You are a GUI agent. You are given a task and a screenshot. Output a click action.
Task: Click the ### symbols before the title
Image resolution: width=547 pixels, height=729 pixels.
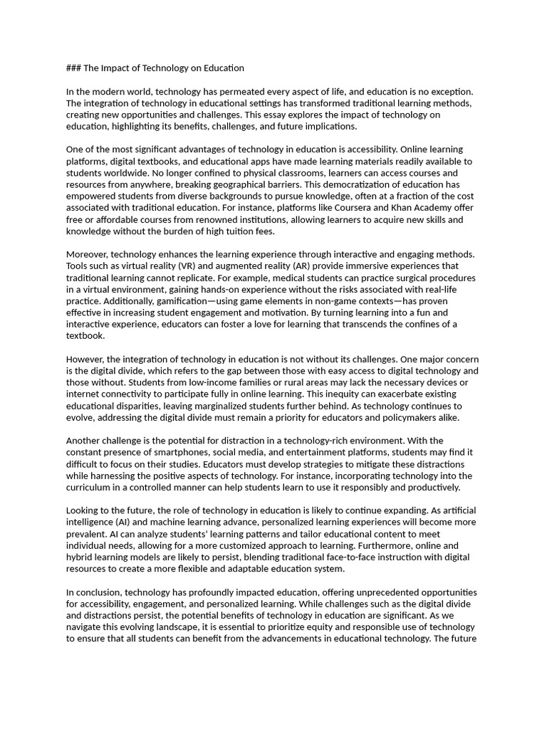point(73,68)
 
